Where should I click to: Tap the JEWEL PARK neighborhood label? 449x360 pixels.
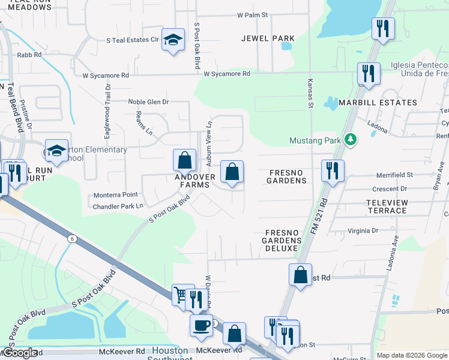point(268,38)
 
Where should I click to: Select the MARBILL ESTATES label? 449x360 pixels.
point(378,103)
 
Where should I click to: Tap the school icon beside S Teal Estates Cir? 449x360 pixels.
point(173,41)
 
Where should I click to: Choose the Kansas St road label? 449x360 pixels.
point(311,93)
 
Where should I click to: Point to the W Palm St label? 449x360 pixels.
point(252,14)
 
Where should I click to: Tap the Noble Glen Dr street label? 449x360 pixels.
point(148,102)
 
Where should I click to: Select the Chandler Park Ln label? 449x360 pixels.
point(118,206)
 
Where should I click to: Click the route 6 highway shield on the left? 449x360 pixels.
point(73,238)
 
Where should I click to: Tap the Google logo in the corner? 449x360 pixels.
point(19,353)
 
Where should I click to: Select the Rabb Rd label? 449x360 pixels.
point(29,55)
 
